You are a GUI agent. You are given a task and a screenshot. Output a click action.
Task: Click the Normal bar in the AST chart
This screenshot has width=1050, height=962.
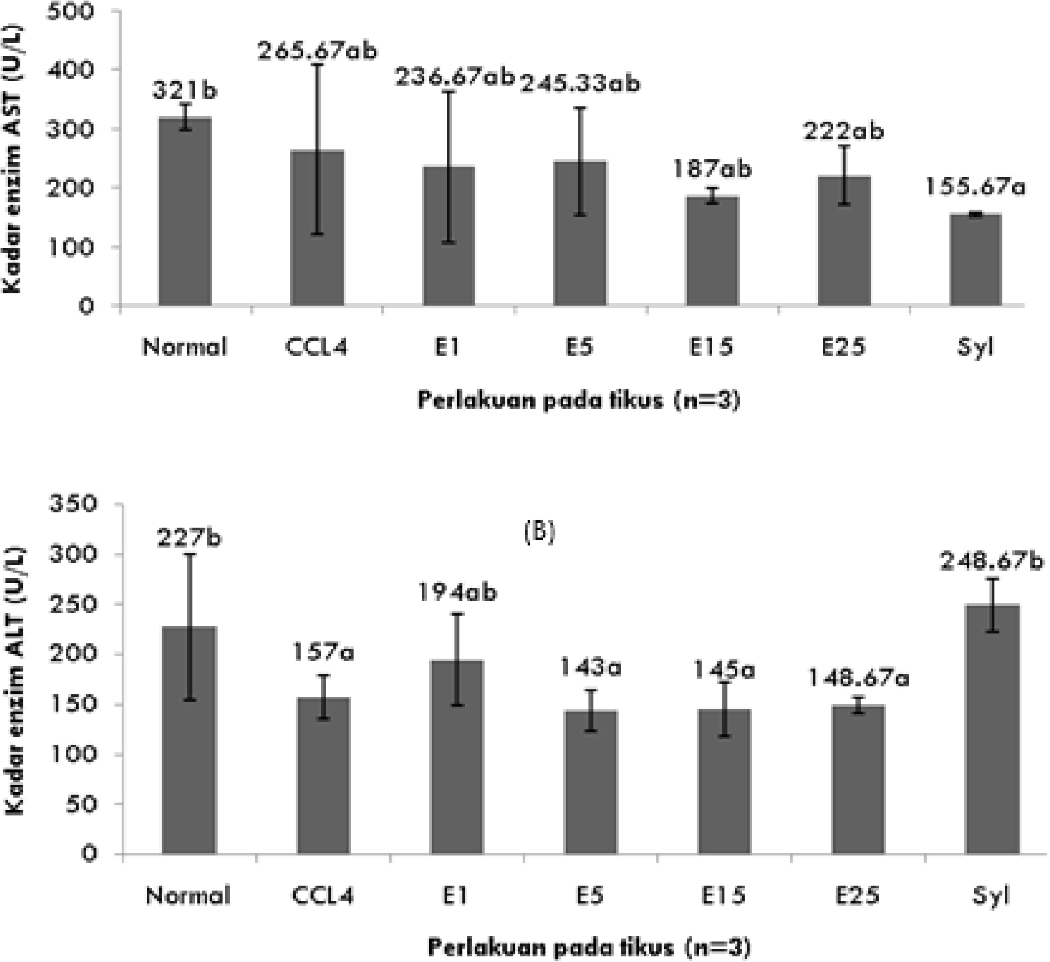coord(185,212)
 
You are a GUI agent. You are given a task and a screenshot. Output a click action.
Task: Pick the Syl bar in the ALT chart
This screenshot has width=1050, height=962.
coord(992,729)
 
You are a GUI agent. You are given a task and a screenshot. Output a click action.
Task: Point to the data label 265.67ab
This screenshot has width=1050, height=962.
coord(317,51)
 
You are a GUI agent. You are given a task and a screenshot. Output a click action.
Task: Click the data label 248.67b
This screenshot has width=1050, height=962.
coord(991,562)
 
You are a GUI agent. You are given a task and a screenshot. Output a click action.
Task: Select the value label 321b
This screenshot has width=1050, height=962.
coord(185,91)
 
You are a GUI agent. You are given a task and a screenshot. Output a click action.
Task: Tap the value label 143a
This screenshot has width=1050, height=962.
coord(592,668)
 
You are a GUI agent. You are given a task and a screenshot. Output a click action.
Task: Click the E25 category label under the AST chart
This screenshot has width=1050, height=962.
coord(843,347)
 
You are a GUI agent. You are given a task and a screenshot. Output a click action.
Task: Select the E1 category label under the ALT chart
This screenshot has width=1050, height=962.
coord(454,895)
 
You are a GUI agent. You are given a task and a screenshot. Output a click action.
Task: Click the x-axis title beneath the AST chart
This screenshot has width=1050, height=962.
coord(578,401)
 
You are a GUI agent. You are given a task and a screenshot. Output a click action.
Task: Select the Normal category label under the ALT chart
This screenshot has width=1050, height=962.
coord(187,895)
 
